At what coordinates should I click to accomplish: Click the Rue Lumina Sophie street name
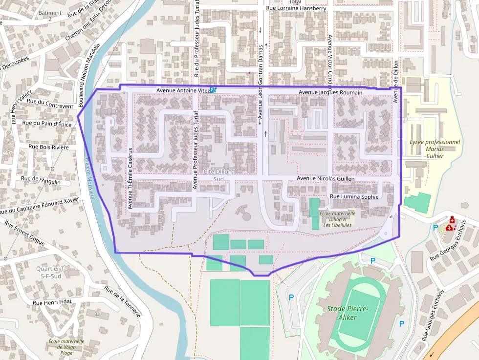pos(354,196)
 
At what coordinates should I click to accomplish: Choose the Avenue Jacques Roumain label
pos(330,92)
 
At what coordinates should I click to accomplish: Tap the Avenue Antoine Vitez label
pos(183,90)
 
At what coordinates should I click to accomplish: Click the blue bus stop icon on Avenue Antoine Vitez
pos(213,90)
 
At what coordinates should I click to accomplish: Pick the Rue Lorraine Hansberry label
pos(296,8)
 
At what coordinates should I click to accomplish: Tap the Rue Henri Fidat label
pos(52,302)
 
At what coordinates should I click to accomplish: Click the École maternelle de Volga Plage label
pos(66,347)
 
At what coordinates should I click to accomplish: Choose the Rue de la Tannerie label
pos(122,301)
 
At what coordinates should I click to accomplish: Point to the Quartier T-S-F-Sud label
pos(50,273)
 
